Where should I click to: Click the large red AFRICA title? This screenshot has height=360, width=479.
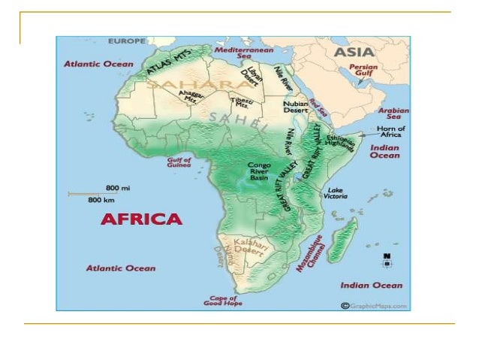click(142, 219)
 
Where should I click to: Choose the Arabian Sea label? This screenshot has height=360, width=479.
click(398, 113)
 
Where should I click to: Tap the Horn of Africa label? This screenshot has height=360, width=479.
click(390, 132)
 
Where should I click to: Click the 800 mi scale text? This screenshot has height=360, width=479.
click(113, 186)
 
